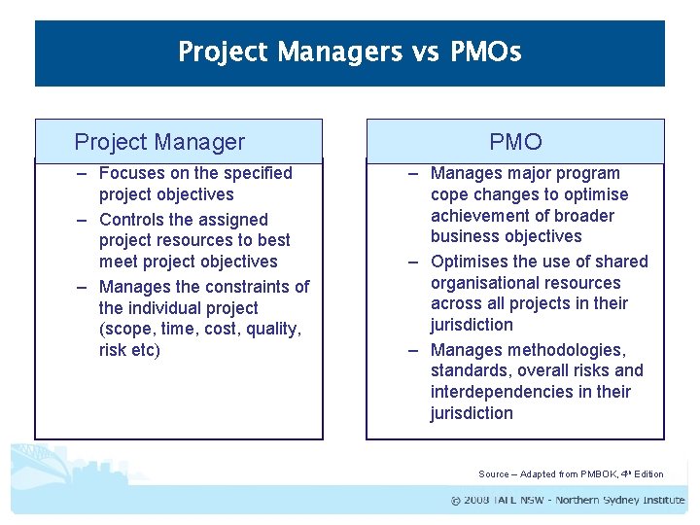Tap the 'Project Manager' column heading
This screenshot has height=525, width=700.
pyautogui.click(x=159, y=142)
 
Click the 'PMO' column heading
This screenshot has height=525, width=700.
pyautogui.click(x=515, y=142)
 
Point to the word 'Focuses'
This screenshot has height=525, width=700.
pyautogui.click(x=132, y=173)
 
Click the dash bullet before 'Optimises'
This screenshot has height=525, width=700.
pyautogui.click(x=413, y=262)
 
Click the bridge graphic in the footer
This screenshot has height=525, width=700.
pyautogui.click(x=39, y=467)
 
